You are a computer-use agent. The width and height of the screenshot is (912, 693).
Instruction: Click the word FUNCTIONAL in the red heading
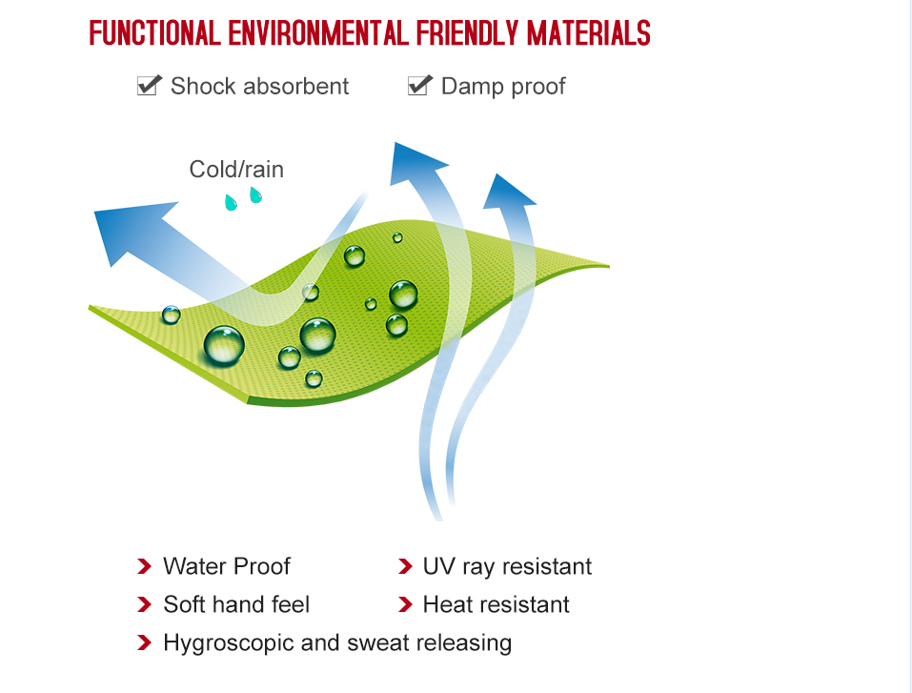click(x=154, y=33)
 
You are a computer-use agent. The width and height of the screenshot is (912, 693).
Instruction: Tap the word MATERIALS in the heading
click(x=589, y=33)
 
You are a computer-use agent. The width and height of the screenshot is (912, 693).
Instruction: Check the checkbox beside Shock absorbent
click(x=149, y=85)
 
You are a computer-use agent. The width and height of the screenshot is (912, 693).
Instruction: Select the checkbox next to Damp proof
click(x=420, y=85)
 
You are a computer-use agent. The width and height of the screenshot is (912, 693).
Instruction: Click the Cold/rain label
click(x=236, y=170)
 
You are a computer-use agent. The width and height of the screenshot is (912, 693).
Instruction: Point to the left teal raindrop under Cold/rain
click(x=231, y=202)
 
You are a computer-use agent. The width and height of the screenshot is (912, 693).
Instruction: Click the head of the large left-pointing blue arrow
click(x=131, y=230)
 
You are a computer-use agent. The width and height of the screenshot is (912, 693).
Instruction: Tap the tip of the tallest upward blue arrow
click(x=395, y=143)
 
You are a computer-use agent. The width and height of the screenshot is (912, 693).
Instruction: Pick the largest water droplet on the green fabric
click(x=224, y=345)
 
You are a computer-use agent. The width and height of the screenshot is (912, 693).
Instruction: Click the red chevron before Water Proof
click(x=144, y=566)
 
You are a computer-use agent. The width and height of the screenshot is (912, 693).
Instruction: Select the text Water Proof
click(x=227, y=566)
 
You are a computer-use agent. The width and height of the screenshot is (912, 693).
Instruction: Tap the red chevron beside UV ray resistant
click(x=405, y=566)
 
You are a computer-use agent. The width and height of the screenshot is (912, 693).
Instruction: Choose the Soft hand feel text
click(x=236, y=604)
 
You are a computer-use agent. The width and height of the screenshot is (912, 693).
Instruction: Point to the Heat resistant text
click(x=497, y=604)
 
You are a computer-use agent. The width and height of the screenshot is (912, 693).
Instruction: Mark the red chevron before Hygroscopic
click(x=144, y=642)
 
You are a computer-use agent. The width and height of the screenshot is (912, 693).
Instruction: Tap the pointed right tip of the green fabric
click(x=608, y=266)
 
